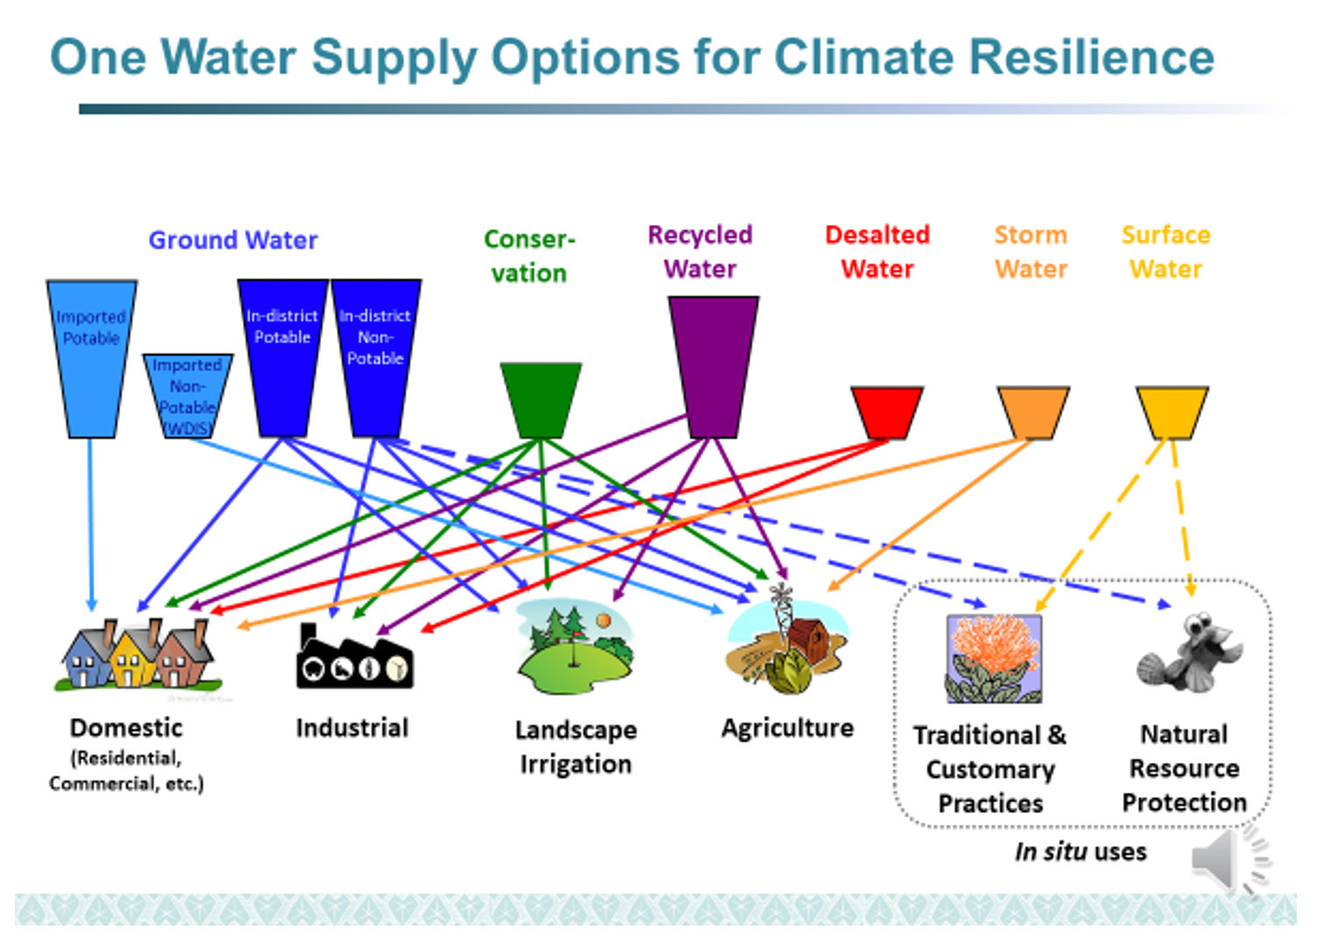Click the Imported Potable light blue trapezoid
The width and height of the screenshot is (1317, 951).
coord(91,359)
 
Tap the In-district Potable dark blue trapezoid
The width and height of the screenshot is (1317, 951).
coord(282,359)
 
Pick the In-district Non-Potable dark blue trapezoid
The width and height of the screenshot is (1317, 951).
coord(375,359)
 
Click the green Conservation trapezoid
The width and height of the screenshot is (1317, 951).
coord(540,399)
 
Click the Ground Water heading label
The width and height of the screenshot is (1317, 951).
coord(233,240)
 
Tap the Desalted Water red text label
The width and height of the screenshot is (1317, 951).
coord(877,252)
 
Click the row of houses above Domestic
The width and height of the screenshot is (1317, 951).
coord(137,656)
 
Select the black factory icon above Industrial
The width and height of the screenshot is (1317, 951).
coord(354,658)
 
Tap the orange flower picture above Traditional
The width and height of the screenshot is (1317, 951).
coord(993,658)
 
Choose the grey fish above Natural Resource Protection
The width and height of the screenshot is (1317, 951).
coord(1190,653)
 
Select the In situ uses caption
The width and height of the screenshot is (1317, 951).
coord(1080,851)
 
